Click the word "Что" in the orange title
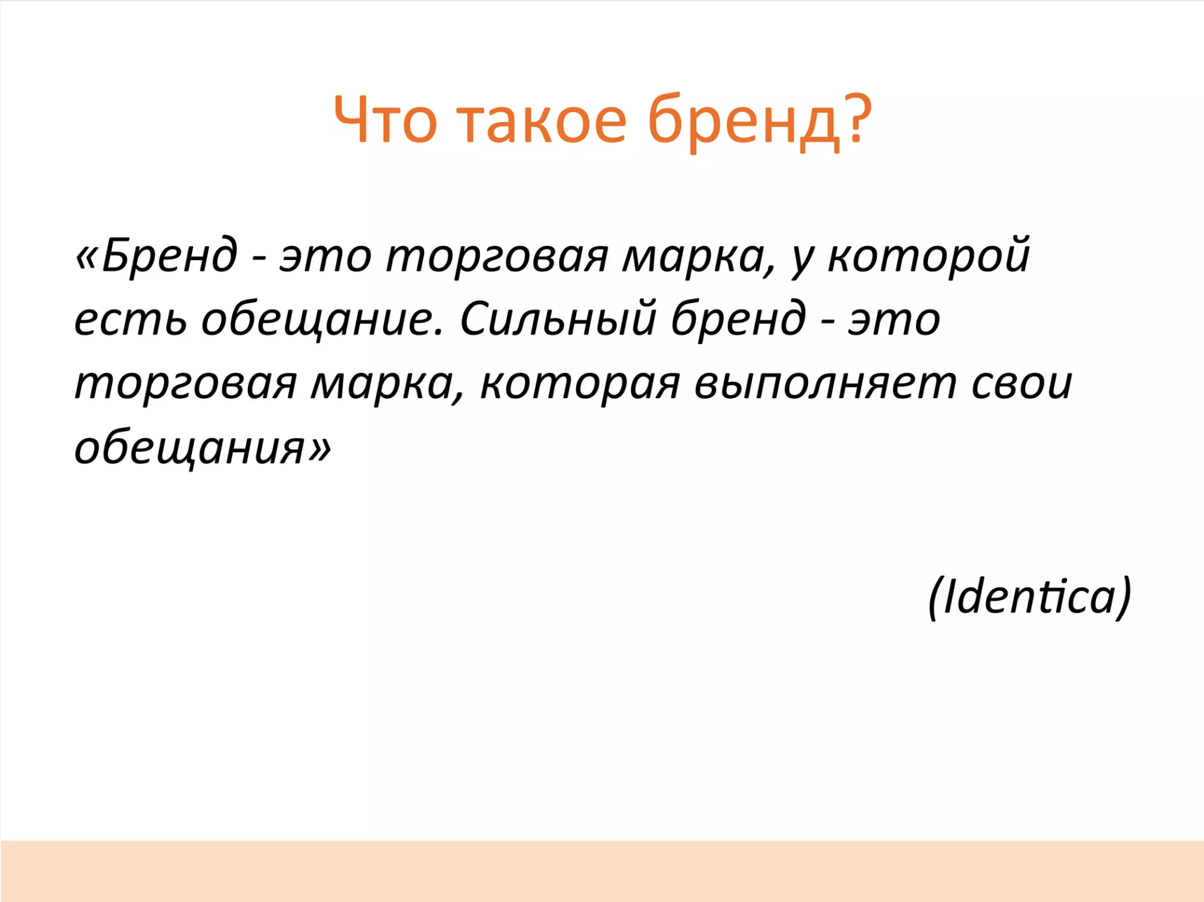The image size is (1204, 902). point(385,120)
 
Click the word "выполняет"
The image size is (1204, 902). point(825,384)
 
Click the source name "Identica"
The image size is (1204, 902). point(1029,596)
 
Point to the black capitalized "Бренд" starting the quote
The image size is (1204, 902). point(169,255)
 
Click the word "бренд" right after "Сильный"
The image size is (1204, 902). point(738,318)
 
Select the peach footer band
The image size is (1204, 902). point(602,871)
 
